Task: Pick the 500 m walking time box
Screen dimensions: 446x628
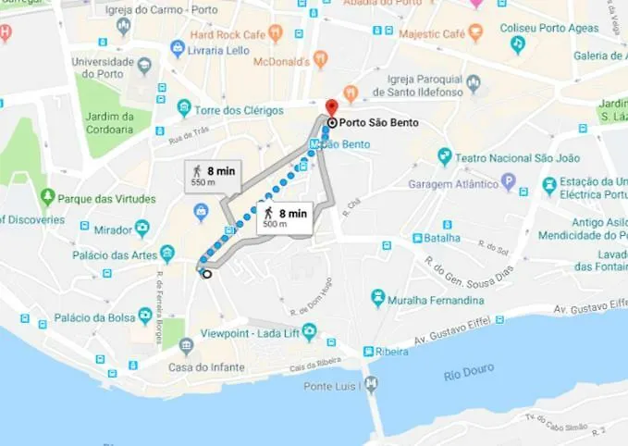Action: coord(284,218)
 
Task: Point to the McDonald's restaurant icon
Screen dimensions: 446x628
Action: coord(321,58)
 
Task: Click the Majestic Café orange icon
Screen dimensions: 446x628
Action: coord(476,34)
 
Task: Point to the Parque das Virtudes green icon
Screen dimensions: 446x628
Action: coord(48,197)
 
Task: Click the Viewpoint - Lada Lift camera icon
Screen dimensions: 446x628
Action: coord(309,332)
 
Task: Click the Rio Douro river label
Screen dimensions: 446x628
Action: coord(466,375)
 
